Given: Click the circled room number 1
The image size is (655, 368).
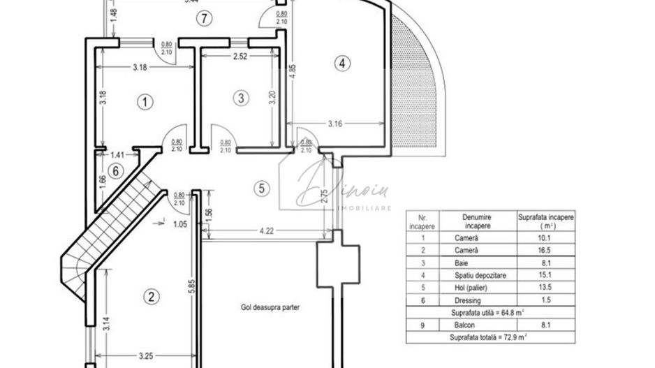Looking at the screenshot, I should click(145, 103).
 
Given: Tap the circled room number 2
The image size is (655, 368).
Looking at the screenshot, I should click(149, 296).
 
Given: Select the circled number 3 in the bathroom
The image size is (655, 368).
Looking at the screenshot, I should click(241, 98).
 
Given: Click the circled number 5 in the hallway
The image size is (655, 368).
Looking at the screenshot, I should click(260, 188).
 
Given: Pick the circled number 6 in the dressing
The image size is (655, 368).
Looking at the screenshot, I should click(116, 170).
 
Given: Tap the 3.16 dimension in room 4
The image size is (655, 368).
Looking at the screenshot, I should click(339, 125).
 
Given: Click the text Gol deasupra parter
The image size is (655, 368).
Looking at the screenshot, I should click(262, 307).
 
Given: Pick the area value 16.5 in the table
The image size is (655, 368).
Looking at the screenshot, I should click(545, 249).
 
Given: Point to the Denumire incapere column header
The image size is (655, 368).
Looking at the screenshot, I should click(476, 221).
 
